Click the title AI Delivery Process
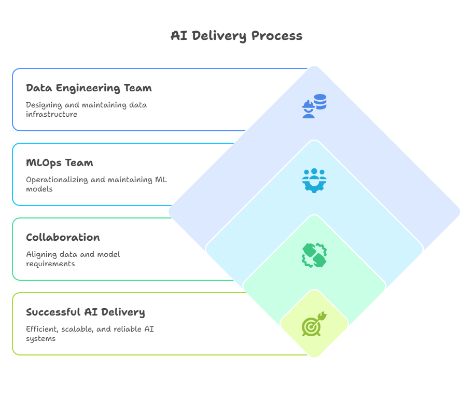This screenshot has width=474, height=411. [x=236, y=36]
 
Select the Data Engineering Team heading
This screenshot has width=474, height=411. [x=89, y=88]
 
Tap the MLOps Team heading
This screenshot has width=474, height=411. [x=60, y=163]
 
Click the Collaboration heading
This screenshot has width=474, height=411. [x=63, y=238]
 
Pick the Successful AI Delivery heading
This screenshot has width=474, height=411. [x=86, y=312]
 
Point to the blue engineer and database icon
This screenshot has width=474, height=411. [x=314, y=105]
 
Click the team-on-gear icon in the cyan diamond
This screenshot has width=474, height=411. [x=314, y=180]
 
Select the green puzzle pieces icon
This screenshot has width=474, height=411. [x=314, y=255]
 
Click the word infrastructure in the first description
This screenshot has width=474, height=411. [x=52, y=114]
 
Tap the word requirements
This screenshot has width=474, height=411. [x=50, y=264]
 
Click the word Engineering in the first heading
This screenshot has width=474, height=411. [x=85, y=88]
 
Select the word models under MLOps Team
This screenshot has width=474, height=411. [x=39, y=189]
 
